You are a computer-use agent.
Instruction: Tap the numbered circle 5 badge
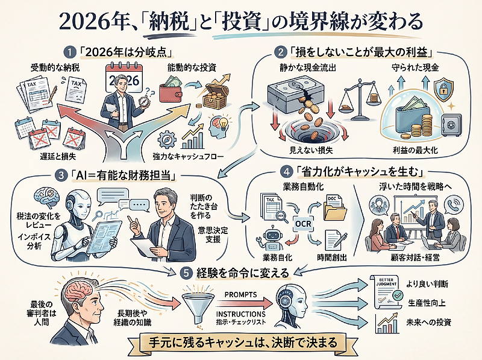coord(189,273)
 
